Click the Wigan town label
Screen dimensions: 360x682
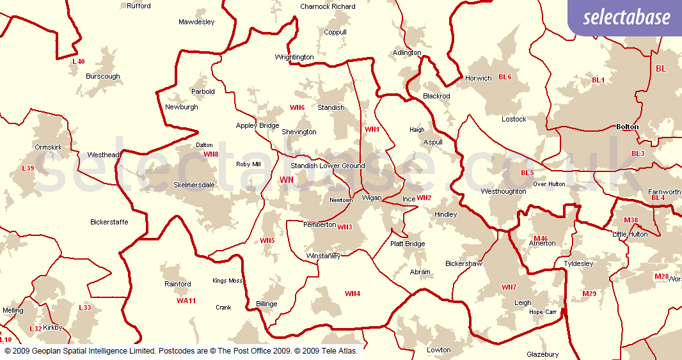pyautogui.click(x=372, y=198)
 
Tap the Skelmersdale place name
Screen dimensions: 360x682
pyautogui.click(x=194, y=185)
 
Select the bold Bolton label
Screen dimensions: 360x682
pyautogui.click(x=627, y=127)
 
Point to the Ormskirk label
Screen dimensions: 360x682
pyautogui.click(x=48, y=147)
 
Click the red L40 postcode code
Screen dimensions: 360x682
pyautogui.click(x=78, y=61)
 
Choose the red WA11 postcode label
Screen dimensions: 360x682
pyautogui.click(x=186, y=301)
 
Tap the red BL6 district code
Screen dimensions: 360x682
pyautogui.click(x=505, y=77)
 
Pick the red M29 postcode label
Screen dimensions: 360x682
pyautogui.click(x=589, y=293)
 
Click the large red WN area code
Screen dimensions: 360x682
pyautogui.click(x=287, y=180)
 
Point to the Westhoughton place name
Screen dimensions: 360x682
pyautogui.click(x=504, y=191)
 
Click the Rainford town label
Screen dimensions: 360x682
pyautogui.click(x=178, y=284)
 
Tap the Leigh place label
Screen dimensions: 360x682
pyautogui.click(x=523, y=303)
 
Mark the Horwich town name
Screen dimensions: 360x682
pyautogui.click(x=479, y=78)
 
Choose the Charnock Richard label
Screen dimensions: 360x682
pyautogui.click(x=328, y=6)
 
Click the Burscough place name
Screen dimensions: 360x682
pyautogui.click(x=103, y=76)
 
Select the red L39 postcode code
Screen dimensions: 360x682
pyautogui.click(x=28, y=169)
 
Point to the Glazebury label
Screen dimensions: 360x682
pyautogui.click(x=543, y=354)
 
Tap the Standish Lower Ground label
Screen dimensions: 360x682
pyautogui.click(x=328, y=166)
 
